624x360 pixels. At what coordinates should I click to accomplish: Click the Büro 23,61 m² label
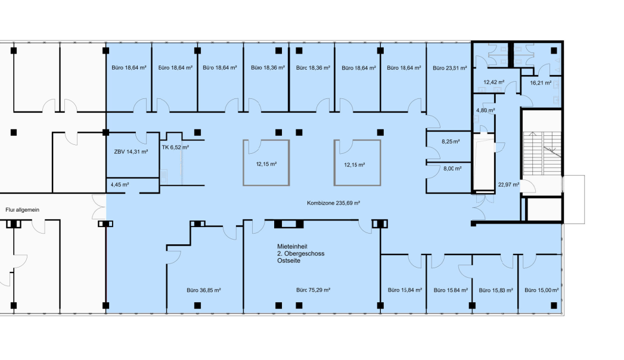point(450,68)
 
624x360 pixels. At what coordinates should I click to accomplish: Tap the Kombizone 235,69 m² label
point(334,203)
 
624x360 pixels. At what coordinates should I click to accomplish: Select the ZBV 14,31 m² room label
point(131,151)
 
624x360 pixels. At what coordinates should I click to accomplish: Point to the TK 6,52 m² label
point(175,147)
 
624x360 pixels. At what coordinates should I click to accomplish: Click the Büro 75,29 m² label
point(313,290)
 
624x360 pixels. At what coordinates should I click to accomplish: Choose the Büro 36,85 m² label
point(204,290)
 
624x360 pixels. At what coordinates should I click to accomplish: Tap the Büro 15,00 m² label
point(541,290)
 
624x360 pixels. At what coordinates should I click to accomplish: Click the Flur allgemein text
point(22,210)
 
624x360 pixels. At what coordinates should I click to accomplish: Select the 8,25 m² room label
point(451,141)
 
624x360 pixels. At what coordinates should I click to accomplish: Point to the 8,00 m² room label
point(452,168)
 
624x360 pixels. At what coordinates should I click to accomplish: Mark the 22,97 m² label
point(508,185)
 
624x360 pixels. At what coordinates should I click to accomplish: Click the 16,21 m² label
point(541,83)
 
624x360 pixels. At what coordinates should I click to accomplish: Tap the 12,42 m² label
point(494,82)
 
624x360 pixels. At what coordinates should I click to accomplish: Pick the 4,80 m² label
point(486,110)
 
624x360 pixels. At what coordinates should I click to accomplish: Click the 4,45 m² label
point(120,185)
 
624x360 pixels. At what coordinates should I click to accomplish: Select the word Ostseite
point(289,261)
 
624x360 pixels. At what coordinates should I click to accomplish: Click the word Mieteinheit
point(292,247)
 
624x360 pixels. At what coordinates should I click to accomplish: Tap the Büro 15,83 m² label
point(496,290)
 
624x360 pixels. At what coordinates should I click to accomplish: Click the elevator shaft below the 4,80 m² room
point(483,163)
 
